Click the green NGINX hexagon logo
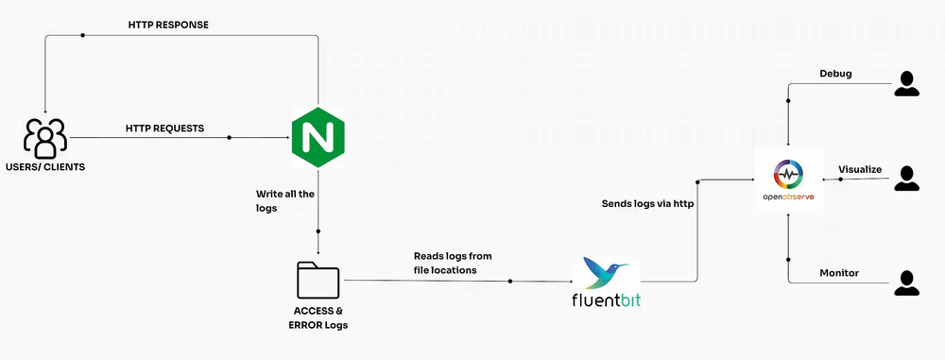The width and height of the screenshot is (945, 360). click(x=318, y=137)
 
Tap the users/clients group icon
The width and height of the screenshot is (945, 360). click(x=44, y=138)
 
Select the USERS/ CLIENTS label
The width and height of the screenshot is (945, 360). click(x=44, y=167)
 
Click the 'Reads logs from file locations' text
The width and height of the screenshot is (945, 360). click(x=453, y=264)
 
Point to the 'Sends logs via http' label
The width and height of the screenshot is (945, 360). click(x=646, y=203)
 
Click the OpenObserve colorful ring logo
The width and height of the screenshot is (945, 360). click(x=788, y=175)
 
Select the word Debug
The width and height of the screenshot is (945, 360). click(x=836, y=73)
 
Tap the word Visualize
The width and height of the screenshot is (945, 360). click(x=860, y=169)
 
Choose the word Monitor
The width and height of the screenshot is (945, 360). click(x=838, y=272)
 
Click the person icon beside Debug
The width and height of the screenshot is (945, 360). click(x=907, y=83)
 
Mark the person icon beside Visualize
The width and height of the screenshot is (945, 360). click(x=907, y=179)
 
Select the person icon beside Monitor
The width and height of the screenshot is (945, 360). click(x=907, y=282)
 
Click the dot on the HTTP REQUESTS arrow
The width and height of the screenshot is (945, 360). click(x=229, y=138)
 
